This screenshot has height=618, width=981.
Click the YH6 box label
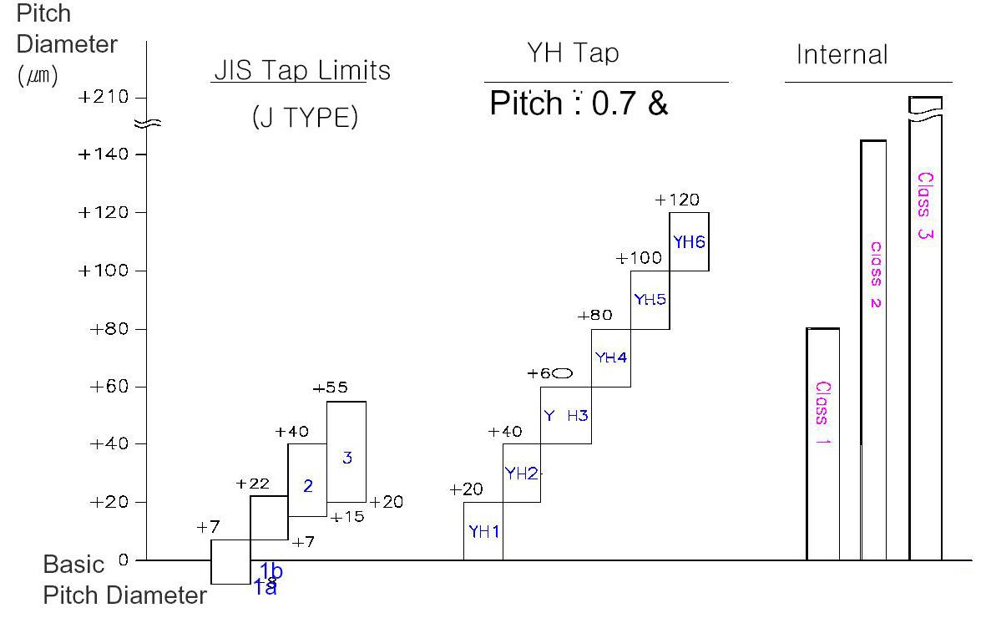point(690,242)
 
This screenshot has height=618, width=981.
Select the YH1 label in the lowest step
point(483,531)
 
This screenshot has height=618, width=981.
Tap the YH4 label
point(610,357)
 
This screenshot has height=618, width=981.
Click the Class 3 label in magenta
point(925,205)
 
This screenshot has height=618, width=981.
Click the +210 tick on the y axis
point(104,98)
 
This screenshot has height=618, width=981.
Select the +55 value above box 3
point(330,388)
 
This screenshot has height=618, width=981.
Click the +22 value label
point(252,484)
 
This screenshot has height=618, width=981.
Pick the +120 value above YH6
point(677,200)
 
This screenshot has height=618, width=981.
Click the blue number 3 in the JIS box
point(347,458)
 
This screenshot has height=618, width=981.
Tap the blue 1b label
point(271,571)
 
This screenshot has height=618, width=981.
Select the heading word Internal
point(842,55)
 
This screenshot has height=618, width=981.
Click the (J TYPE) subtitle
point(305,119)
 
